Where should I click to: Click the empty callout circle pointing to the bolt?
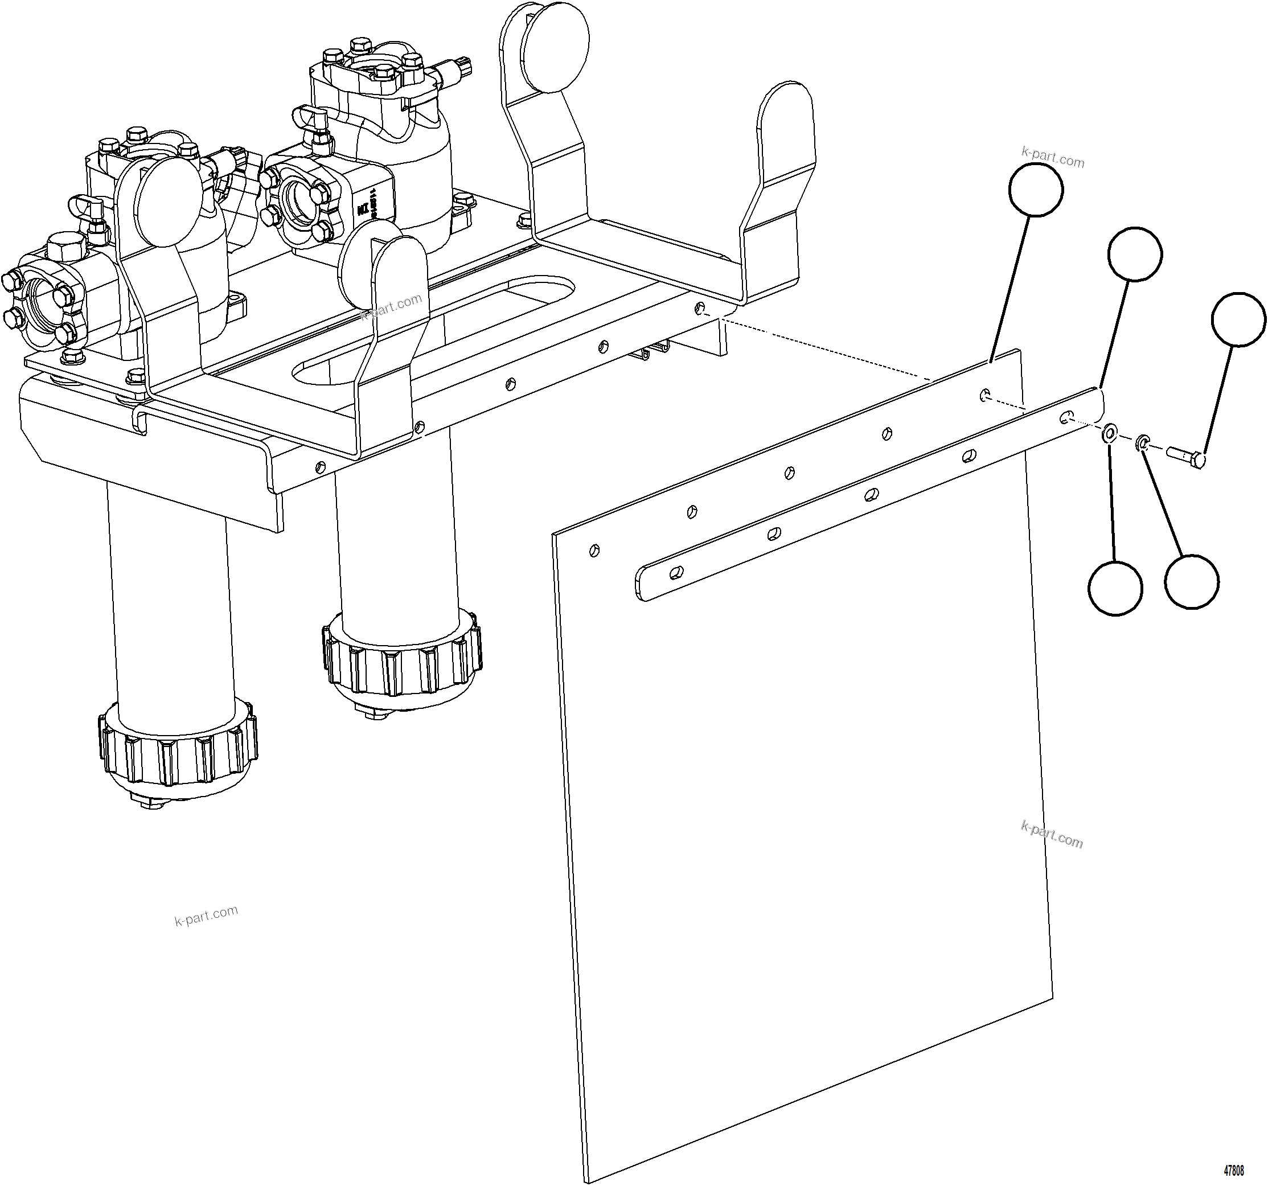point(1237,319)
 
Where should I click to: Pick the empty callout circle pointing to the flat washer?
point(1115,588)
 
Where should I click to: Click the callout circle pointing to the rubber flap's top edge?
point(1036,190)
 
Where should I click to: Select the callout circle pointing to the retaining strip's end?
point(1135,254)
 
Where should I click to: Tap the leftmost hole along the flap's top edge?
point(594,549)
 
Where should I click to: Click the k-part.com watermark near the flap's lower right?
point(1052,835)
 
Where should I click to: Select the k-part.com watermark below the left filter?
point(206,916)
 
